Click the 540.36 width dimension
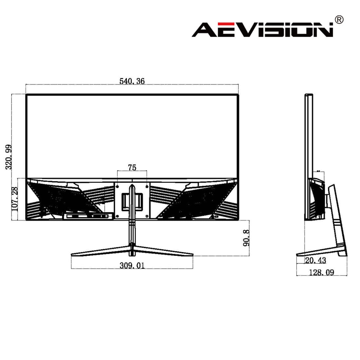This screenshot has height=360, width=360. click(x=132, y=81)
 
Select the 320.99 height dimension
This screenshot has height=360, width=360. click(x=9, y=157)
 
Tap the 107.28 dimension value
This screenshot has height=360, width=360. click(x=14, y=199)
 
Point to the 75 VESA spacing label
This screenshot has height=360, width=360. click(x=132, y=168)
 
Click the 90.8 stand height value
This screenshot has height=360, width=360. click(x=246, y=238)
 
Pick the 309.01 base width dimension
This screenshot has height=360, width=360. click(x=132, y=265)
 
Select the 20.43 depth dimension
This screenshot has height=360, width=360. click(x=315, y=261)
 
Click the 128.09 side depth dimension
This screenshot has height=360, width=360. click(x=321, y=272)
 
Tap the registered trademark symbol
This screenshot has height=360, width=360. click(x=339, y=20)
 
